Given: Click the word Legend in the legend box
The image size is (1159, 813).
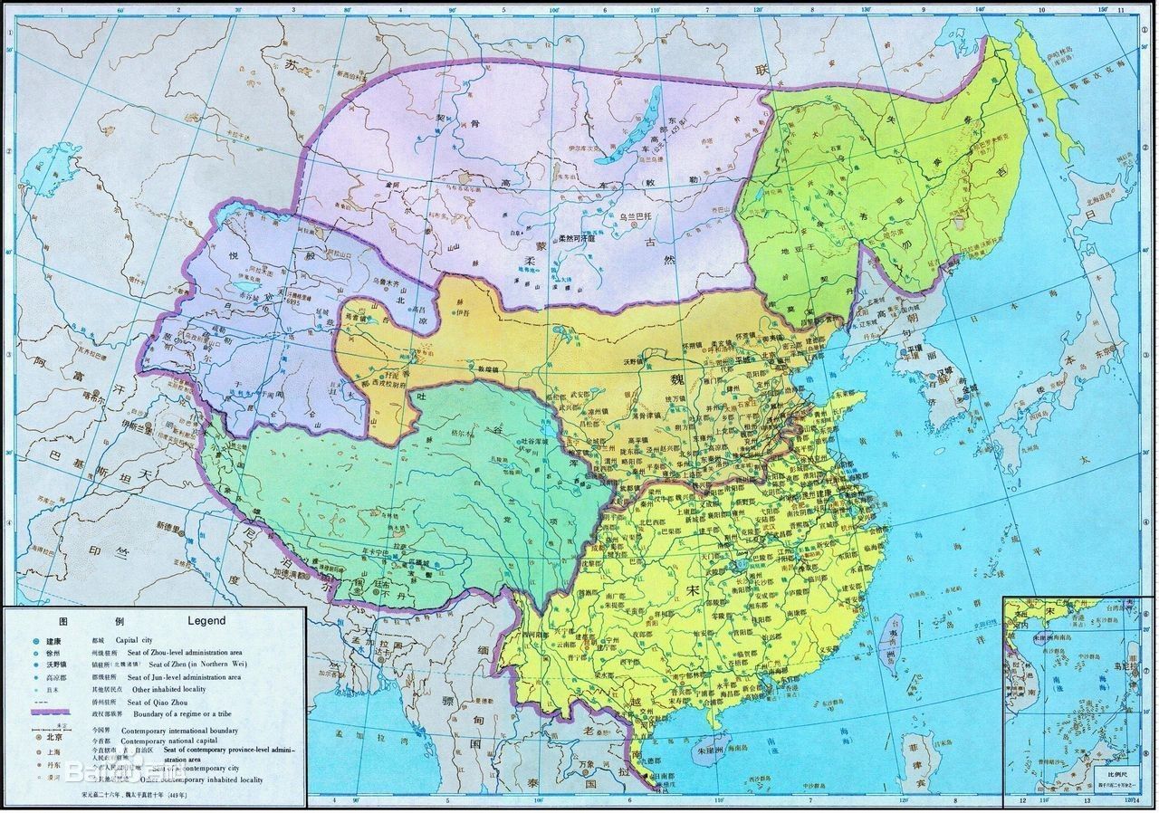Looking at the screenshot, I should pyautogui.click(x=206, y=621).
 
